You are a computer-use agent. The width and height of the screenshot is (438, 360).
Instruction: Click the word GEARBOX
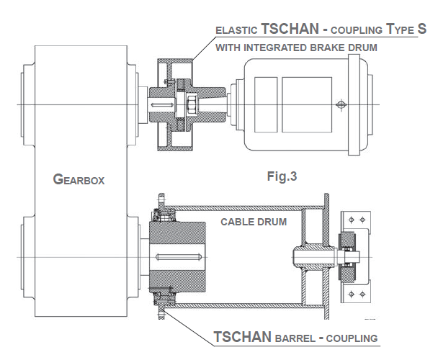click(x=79, y=179)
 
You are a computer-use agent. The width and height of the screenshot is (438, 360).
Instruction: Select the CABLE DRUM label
click(x=253, y=222)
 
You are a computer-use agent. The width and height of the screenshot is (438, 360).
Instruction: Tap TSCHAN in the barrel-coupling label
click(x=243, y=337)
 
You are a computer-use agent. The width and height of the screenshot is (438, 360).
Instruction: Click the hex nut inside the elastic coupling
click(x=194, y=106)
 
